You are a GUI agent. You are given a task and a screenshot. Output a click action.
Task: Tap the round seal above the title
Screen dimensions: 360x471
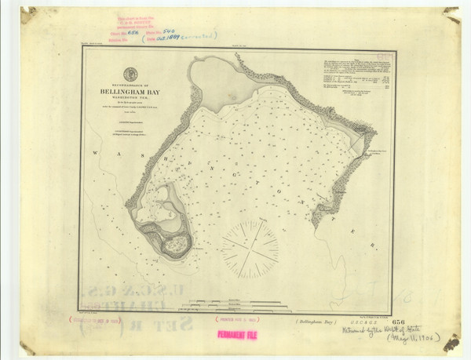pos(130,74)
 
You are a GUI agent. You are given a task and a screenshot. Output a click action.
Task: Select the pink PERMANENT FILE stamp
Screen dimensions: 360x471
pos(243,335)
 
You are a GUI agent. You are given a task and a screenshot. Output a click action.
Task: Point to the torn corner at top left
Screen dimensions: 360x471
pos(28,15)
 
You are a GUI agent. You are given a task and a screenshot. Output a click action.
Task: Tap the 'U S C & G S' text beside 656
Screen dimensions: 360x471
pos(372,322)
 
